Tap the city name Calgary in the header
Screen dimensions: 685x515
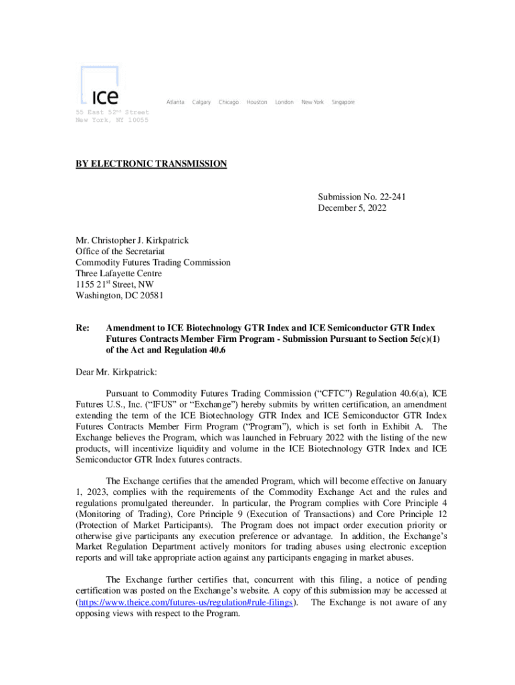coord(201,102)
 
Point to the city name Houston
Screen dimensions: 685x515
coord(257,102)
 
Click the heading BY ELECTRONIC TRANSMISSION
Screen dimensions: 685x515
coord(151,164)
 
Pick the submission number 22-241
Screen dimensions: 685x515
coord(393,197)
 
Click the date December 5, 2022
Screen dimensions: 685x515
coord(352,208)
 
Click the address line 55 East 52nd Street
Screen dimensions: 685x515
coord(112,112)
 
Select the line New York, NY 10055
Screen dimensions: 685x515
coord(112,120)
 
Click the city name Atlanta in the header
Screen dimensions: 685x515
coord(175,102)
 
